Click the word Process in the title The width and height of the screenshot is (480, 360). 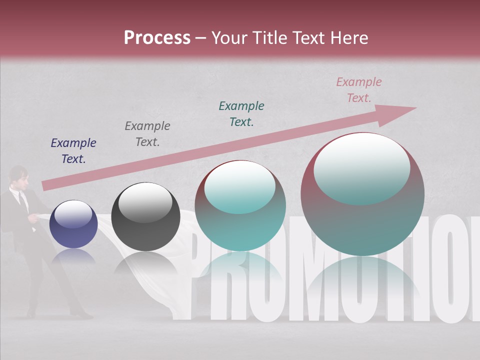point(157,38)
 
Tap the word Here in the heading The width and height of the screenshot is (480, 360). point(348,38)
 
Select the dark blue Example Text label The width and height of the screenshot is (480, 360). point(73,151)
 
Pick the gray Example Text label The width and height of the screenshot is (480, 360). point(147,134)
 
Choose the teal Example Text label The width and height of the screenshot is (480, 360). point(241,114)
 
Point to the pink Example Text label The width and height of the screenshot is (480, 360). point(358,90)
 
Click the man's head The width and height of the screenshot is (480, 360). point(18,176)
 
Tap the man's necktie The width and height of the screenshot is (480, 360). point(22,200)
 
